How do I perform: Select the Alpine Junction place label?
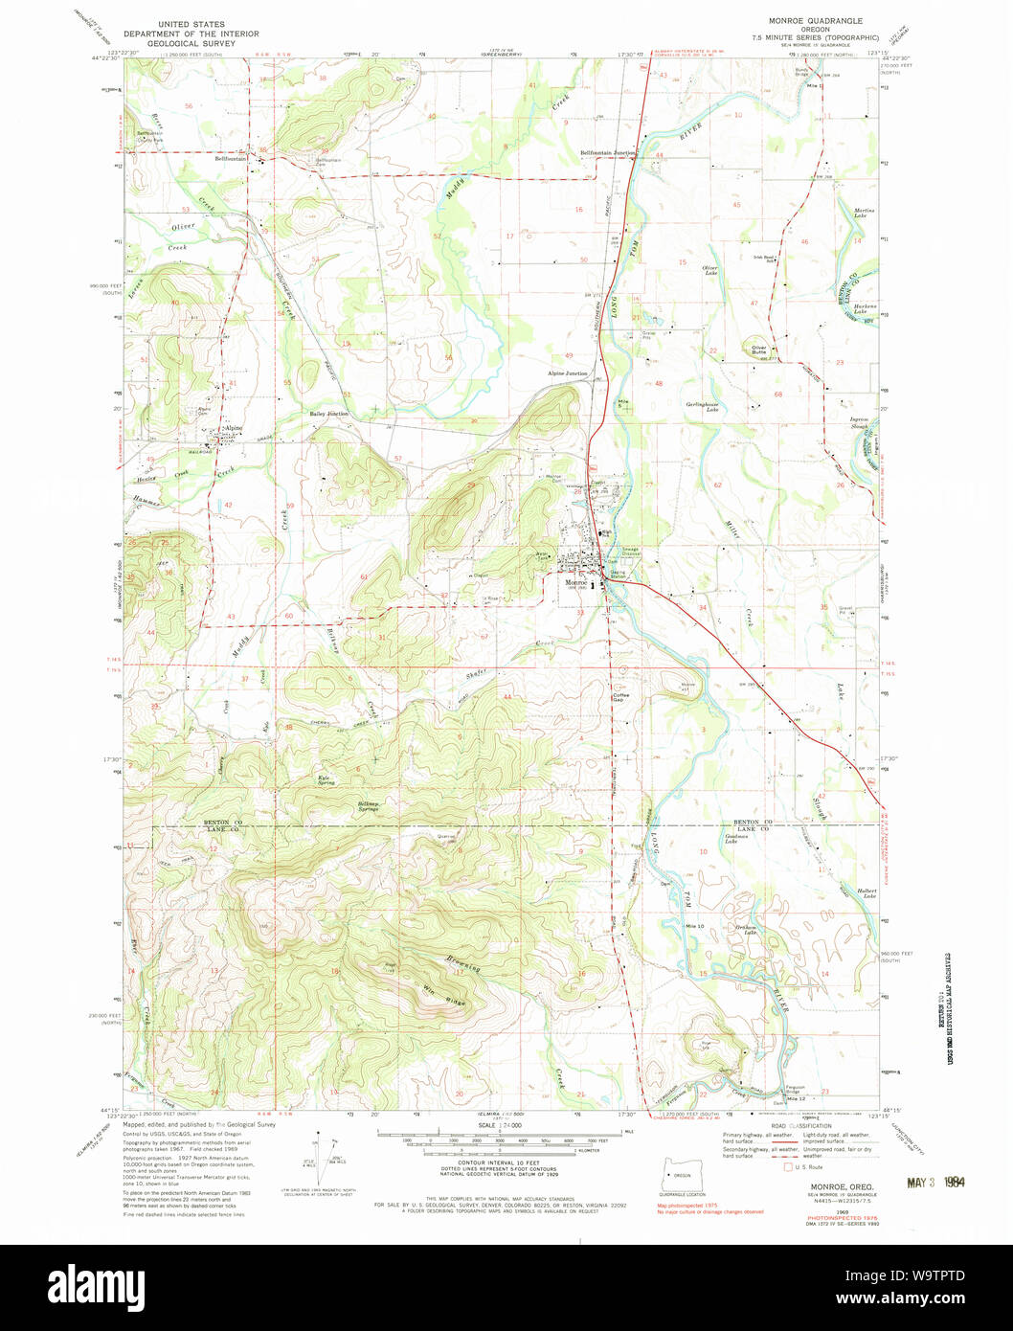[567, 373]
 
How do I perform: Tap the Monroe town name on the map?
[575, 582]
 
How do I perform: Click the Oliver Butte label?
[761, 350]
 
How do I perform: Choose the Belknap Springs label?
[368, 806]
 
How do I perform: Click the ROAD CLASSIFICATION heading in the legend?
[822, 1127]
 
